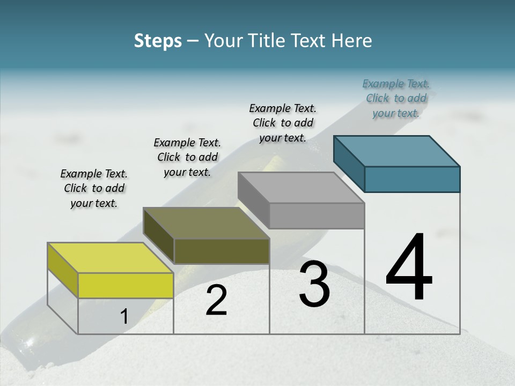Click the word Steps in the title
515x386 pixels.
coord(158,41)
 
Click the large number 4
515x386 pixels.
coord(409,268)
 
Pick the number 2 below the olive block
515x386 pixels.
coord(216,300)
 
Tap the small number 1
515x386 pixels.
coord(124,317)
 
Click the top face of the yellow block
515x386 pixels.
coord(110,258)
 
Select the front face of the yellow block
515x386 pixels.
coord(126,285)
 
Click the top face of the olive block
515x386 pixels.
coord(206,223)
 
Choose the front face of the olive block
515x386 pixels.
coord(222,251)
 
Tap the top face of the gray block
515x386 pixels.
coord(301,188)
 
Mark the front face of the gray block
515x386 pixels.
coord(317,216)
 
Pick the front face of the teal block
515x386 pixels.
coord(412,179)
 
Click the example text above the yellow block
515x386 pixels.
coord(94,188)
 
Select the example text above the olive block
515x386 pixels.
coord(187,157)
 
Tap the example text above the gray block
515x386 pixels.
coord(283,123)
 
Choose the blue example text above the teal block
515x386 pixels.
coord(396,98)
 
